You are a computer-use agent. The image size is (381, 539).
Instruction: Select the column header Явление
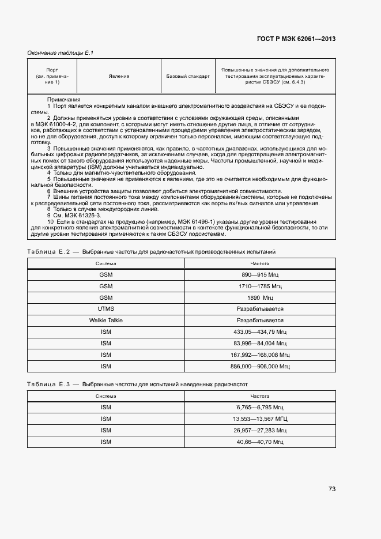pos(119,76)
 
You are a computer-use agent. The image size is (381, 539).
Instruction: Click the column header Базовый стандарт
pos(187,76)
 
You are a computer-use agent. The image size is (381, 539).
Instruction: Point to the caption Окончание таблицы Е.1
pos(61,53)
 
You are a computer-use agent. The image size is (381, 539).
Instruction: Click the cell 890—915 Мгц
pos(260,276)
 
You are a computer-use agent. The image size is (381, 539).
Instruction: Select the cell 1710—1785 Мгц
pos(260,287)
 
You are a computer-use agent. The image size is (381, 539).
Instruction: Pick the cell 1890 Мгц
pos(260,298)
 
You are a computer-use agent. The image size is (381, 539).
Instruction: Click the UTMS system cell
pos(106,309)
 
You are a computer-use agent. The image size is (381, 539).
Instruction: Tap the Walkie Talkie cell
pos(106,321)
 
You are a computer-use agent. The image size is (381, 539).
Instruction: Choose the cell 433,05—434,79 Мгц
pos(260,332)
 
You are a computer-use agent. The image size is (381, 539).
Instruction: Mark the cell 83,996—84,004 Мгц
pos(260,344)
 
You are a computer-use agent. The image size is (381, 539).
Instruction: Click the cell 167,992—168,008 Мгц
pos(260,355)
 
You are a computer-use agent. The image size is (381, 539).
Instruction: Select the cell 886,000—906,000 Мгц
pos(260,366)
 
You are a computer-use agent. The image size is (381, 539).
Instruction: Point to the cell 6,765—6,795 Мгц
pos(260,408)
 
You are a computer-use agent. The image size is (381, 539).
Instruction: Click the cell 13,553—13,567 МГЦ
pos(260,419)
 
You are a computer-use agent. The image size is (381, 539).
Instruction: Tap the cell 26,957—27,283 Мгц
pos(260,431)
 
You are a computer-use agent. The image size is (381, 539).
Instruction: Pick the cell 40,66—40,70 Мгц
pos(260,442)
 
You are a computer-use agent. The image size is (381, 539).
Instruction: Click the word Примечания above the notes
pos(63,100)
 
